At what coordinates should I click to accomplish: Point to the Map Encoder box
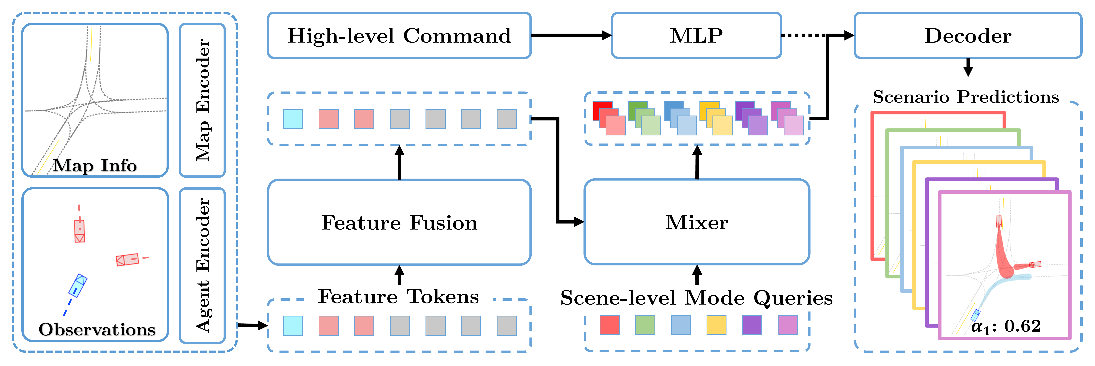tap(202, 100)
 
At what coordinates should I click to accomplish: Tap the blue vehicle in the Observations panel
tap(78, 285)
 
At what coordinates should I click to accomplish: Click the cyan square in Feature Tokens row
tap(293, 326)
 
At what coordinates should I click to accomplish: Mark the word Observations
tap(97, 329)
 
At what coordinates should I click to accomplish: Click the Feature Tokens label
tap(398, 296)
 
